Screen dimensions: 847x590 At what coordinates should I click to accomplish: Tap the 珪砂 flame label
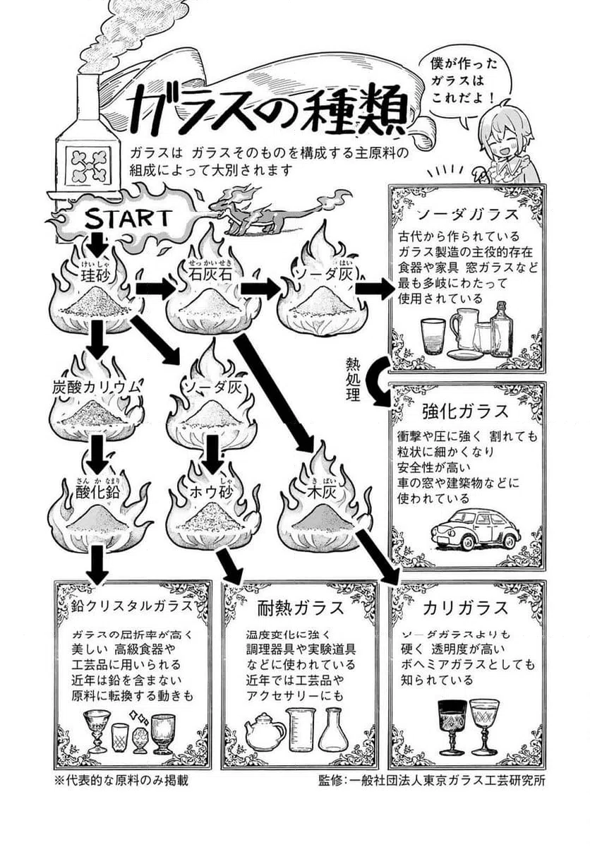(x=97, y=273)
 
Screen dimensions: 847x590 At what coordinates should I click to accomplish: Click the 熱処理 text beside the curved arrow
(x=352, y=379)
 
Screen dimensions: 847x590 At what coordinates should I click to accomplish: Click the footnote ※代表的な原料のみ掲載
(x=121, y=780)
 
